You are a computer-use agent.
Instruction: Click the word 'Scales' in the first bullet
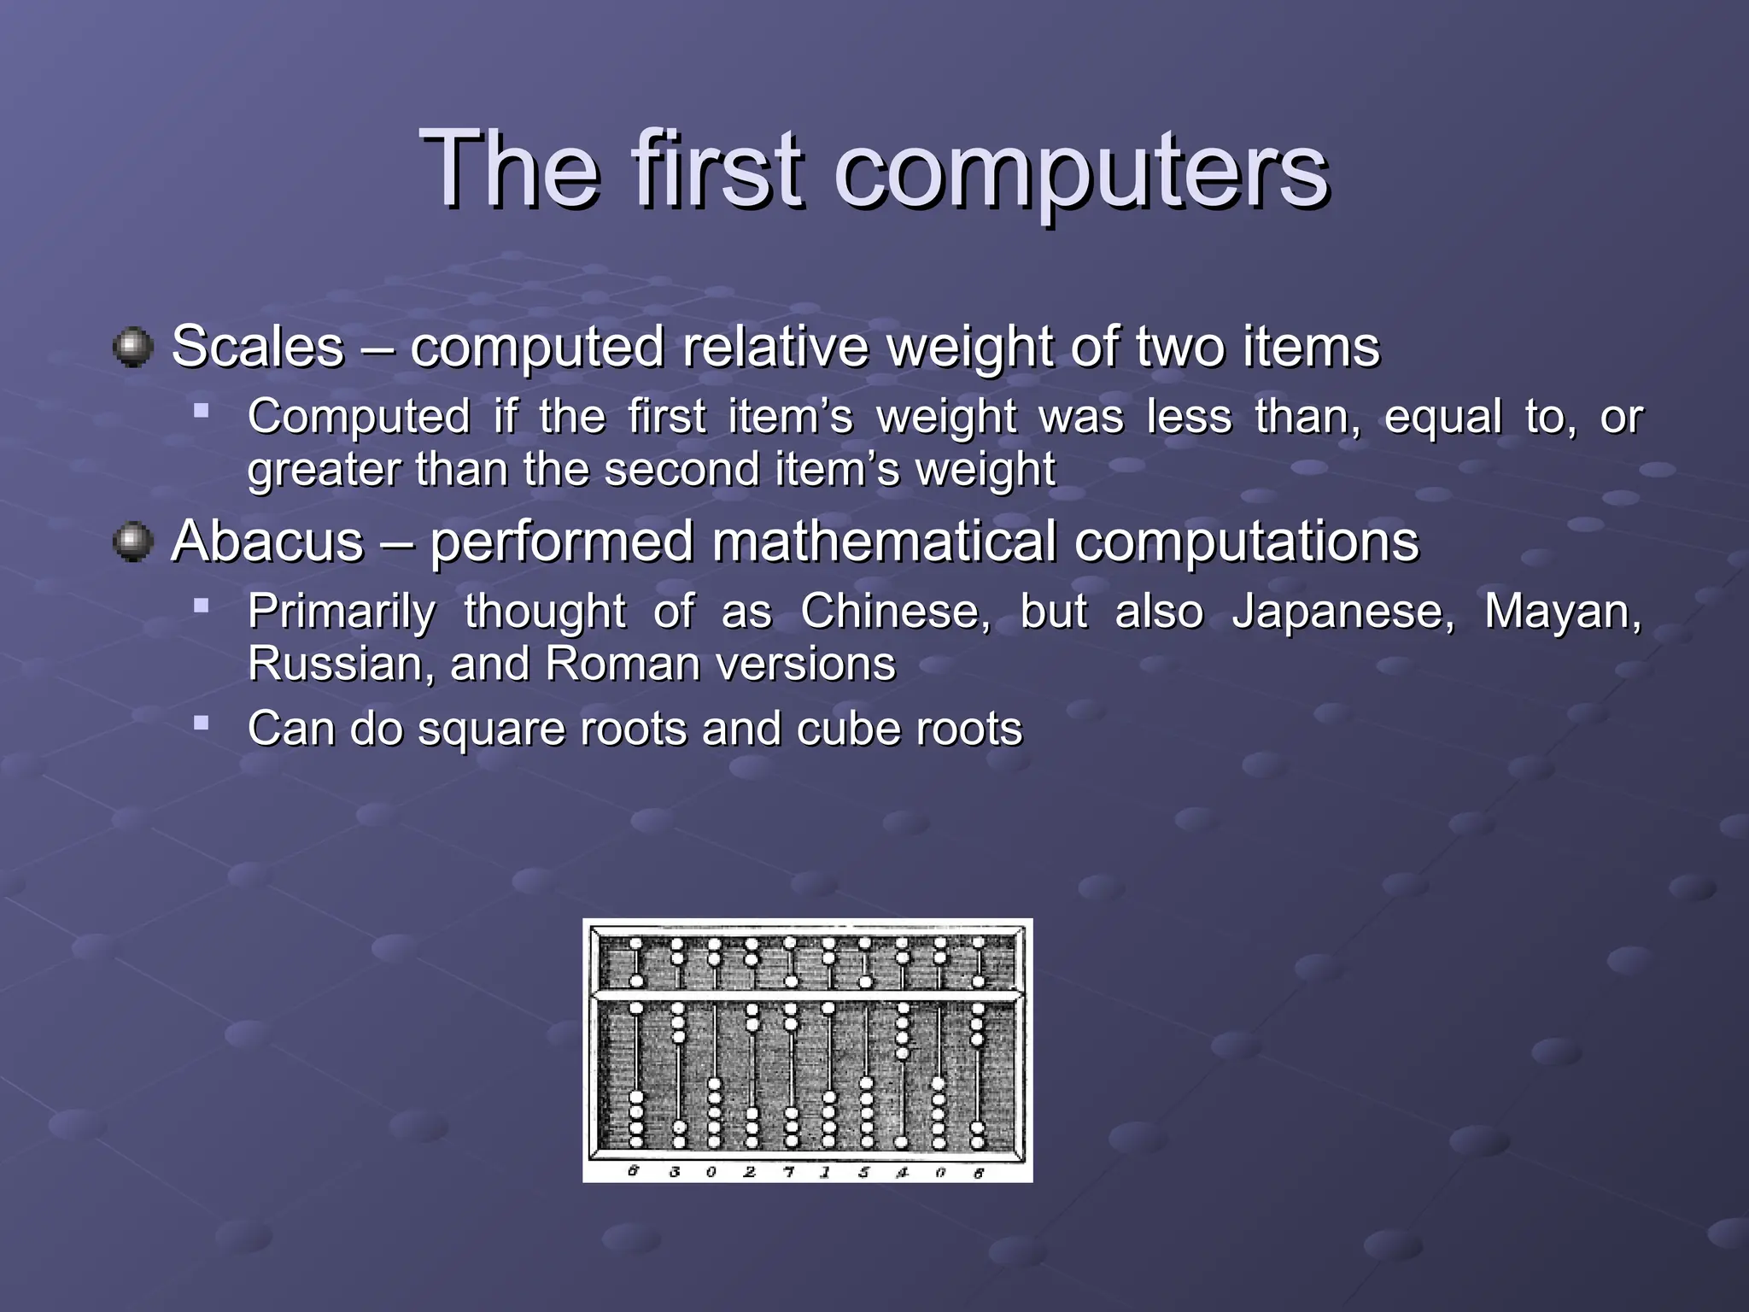click(257, 347)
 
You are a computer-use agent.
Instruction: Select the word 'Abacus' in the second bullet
click(267, 542)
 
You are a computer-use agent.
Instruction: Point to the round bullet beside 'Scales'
click(132, 348)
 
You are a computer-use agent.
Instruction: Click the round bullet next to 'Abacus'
click(132, 542)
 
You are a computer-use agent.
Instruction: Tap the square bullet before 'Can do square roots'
click(202, 723)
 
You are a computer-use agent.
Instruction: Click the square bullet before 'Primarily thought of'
click(202, 606)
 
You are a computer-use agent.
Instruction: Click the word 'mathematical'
click(885, 542)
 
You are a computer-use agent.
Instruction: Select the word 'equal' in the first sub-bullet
click(1442, 419)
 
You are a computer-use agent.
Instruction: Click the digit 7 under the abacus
click(789, 1172)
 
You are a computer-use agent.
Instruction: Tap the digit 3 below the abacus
click(675, 1172)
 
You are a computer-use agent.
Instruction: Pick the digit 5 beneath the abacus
click(864, 1172)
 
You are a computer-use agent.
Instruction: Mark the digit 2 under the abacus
click(750, 1172)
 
